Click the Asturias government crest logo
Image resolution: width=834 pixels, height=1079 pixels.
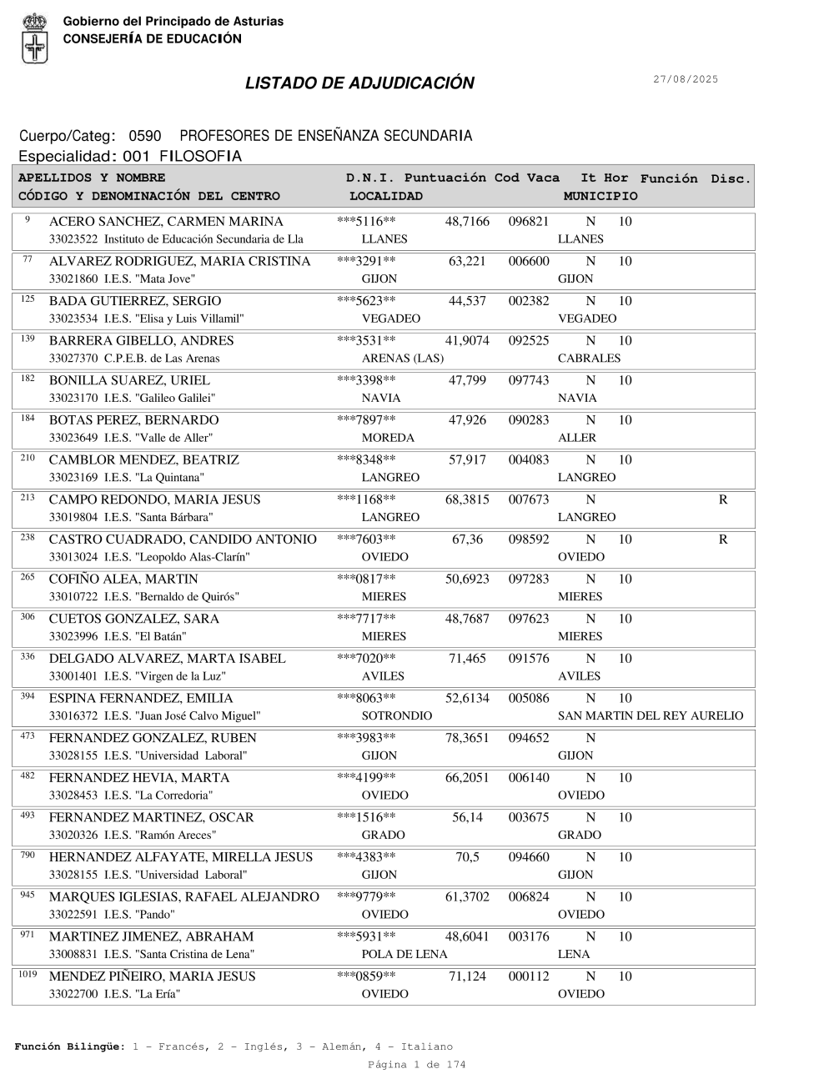34,38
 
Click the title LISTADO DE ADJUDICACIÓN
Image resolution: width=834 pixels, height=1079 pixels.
359,83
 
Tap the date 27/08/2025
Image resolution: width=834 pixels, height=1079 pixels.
685,79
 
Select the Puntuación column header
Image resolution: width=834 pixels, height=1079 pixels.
445,178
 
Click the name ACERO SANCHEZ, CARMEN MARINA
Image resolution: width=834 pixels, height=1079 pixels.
166,222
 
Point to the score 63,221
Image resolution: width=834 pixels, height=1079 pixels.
467,262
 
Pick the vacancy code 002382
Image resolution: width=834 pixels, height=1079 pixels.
529,301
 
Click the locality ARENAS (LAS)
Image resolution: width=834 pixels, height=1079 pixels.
403,359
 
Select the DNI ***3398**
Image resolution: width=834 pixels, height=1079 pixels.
366,381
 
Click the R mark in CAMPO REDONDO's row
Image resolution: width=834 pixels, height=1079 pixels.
722,500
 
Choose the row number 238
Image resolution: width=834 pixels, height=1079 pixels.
28,538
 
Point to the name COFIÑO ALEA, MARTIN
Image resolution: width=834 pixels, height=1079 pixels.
123,580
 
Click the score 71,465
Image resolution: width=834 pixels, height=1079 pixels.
467,659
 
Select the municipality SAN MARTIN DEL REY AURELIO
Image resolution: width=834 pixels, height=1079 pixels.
650,716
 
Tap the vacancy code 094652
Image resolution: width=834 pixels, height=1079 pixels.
529,738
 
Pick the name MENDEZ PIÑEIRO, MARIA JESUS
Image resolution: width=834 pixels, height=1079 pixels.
153,976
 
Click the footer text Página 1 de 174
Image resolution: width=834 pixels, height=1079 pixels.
416,1065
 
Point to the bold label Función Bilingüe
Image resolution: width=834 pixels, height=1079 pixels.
70,1046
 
